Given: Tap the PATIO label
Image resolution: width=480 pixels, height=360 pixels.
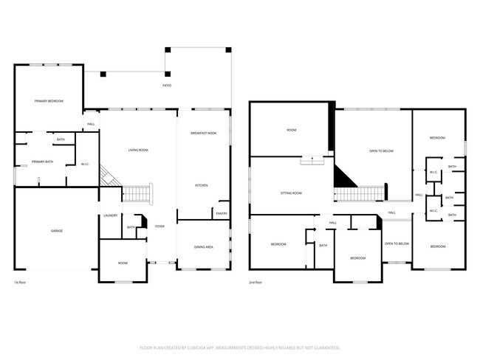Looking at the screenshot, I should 167,86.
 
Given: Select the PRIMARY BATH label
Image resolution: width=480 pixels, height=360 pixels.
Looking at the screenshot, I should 42,162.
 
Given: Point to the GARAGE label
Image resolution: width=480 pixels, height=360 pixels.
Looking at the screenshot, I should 56,231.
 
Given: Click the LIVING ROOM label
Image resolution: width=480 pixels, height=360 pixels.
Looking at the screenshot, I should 138,150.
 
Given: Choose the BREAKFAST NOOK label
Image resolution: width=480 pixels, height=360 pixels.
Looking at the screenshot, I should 203,133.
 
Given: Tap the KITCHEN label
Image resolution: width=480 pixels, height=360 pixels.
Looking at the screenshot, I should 202,185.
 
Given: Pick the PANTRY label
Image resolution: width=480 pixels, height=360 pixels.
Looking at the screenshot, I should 221,213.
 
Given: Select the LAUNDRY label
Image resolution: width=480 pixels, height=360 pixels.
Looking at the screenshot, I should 111,215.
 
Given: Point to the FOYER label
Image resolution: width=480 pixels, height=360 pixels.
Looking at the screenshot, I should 160,226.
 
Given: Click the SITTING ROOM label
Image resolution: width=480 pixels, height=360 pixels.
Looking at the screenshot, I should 291,193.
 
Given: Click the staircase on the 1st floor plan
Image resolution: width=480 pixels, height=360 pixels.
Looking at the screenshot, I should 136,193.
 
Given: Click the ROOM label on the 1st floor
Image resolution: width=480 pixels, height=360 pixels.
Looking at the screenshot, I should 123,262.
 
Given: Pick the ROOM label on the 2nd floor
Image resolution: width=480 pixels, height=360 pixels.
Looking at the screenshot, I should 291,131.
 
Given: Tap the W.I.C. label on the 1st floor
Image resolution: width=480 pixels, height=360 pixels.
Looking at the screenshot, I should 84,164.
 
